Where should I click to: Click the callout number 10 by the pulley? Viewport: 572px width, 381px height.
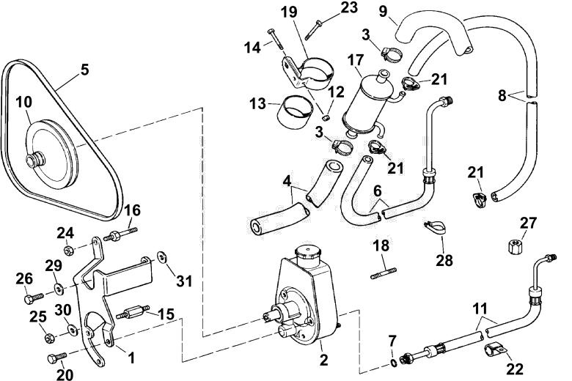(x=24, y=102)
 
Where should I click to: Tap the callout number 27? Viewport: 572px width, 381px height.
(x=529, y=223)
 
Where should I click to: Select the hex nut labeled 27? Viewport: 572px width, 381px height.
(x=514, y=245)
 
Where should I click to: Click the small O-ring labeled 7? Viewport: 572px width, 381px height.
(x=393, y=363)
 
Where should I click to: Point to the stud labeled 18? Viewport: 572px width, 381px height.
(x=384, y=273)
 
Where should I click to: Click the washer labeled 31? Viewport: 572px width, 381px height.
(x=161, y=256)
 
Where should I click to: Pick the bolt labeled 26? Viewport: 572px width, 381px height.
(x=34, y=298)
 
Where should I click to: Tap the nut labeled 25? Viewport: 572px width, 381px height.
(x=50, y=338)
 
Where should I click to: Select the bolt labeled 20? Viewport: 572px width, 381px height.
(x=57, y=358)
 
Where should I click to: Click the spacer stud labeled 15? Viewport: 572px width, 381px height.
(x=133, y=313)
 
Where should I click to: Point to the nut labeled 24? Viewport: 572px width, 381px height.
(x=68, y=251)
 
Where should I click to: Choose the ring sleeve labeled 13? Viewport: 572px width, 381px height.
(x=296, y=111)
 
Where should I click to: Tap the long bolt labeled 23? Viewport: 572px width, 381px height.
(x=313, y=29)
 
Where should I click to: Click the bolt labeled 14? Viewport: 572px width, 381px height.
(x=276, y=39)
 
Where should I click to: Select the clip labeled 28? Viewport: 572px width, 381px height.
(x=436, y=227)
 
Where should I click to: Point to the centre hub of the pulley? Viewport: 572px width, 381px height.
(x=35, y=160)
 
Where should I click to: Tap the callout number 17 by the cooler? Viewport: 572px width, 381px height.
(x=356, y=59)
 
